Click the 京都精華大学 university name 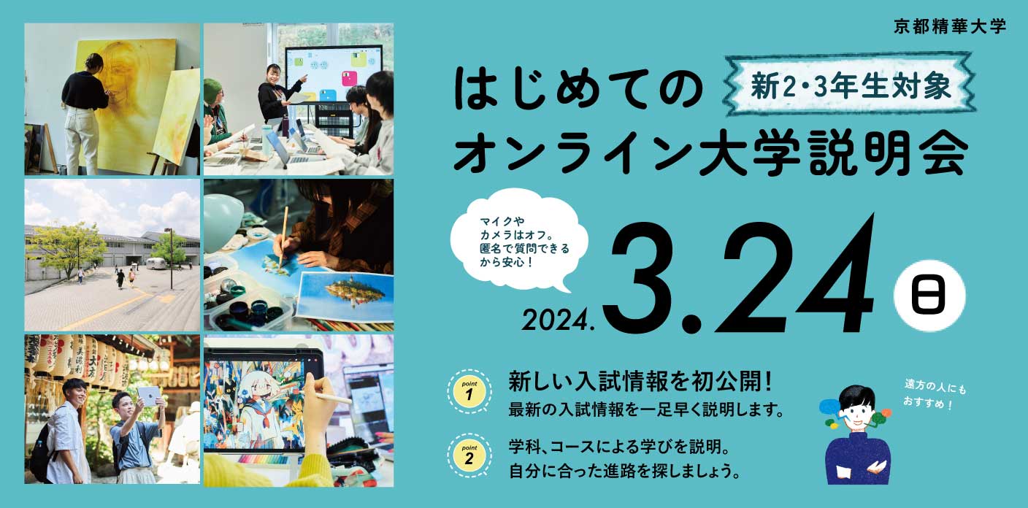[950, 27]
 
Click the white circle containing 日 [929, 296]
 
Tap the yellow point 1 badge [469, 391]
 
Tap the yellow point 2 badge [469, 455]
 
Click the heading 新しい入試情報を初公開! [640, 382]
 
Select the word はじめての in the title [578, 89]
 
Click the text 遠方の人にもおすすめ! [935, 394]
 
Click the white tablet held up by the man [149, 396]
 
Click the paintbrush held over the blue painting [283, 236]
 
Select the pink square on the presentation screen [350, 79]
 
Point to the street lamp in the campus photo [170, 258]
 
